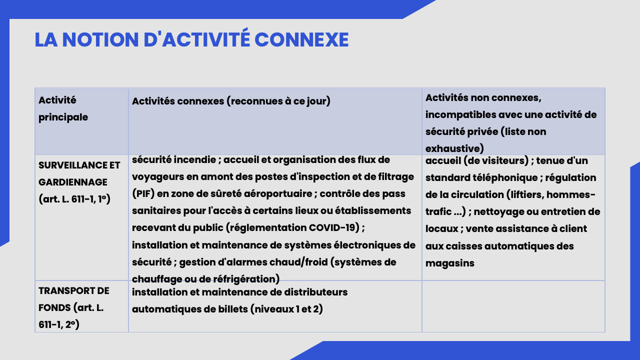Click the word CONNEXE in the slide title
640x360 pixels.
[x=301, y=39]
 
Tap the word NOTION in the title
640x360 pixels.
[x=100, y=39]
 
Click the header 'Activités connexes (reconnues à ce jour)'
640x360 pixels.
[x=231, y=101]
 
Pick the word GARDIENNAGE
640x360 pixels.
[x=73, y=182]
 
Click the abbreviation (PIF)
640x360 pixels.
[x=143, y=193]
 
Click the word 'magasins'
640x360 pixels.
[x=449, y=263]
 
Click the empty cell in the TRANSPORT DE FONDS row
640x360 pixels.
[x=513, y=306]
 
